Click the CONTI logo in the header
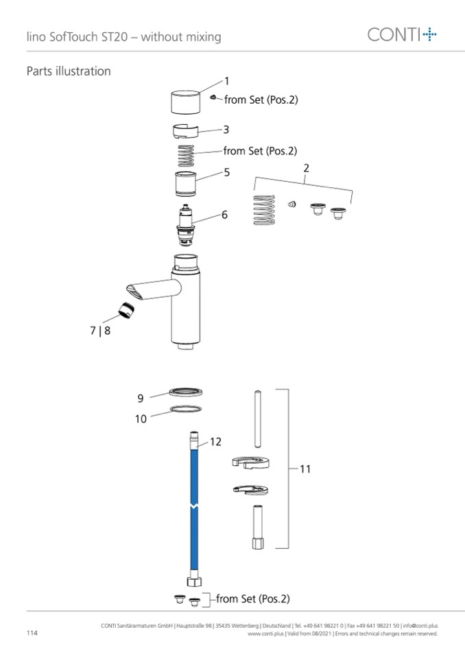402,34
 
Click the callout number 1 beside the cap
227,81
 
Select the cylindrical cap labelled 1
185,102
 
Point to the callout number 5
227,172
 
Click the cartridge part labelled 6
185,225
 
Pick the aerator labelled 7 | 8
126,310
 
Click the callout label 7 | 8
100,331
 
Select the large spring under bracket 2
264,210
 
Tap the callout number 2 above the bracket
306,168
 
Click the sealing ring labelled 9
186,392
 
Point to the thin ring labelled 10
185,408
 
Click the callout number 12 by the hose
215,442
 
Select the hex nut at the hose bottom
193,581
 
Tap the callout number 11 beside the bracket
305,469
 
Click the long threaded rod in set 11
258,419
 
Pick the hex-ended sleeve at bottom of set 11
258,527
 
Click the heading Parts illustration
69,71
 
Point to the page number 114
32,633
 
